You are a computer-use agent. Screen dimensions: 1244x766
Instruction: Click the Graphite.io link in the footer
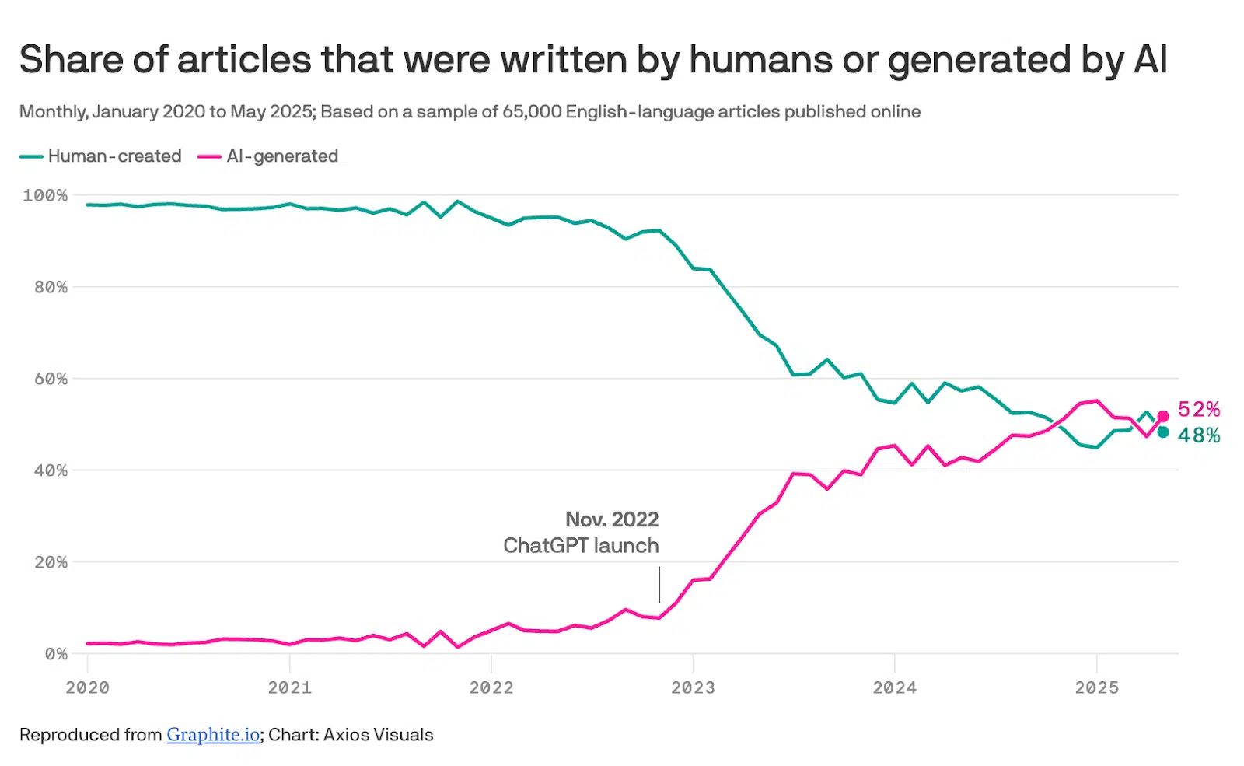click(213, 735)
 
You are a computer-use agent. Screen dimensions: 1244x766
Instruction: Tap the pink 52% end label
click(1199, 410)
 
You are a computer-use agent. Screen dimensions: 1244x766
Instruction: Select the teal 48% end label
click(1199, 435)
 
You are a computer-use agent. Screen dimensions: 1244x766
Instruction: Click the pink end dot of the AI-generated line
click(1163, 416)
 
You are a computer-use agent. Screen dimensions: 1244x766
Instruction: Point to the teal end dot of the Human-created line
click(1163, 432)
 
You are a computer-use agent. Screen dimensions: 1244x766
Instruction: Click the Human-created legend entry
click(100, 156)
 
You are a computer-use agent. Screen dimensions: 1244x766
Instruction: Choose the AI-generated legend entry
click(267, 156)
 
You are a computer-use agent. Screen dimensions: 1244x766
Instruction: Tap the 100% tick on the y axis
click(45, 195)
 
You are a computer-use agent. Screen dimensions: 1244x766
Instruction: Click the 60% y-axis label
click(51, 379)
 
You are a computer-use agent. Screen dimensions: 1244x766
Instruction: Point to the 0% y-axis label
click(56, 654)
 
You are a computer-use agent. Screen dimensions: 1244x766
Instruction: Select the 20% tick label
click(51, 562)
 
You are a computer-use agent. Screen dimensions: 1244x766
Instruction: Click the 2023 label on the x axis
click(693, 687)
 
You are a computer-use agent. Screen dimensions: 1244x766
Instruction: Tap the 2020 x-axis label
click(88, 687)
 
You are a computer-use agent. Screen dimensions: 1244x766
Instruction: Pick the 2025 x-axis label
click(1097, 687)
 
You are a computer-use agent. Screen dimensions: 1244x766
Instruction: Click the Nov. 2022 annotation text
click(612, 519)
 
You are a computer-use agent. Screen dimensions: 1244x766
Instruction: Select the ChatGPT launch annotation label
click(581, 545)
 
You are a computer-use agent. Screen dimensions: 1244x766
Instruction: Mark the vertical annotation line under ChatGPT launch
click(659, 584)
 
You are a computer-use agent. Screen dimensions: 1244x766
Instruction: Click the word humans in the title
click(761, 59)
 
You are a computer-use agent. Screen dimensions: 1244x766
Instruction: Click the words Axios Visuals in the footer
click(378, 735)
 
